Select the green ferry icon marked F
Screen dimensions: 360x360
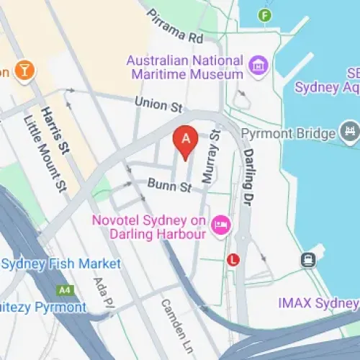point(267,15)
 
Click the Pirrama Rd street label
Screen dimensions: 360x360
point(176,26)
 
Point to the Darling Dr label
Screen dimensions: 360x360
point(258,161)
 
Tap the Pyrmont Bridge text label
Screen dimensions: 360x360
point(288,134)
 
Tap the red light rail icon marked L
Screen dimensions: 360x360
point(233,259)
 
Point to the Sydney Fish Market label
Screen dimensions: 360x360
point(61,264)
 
